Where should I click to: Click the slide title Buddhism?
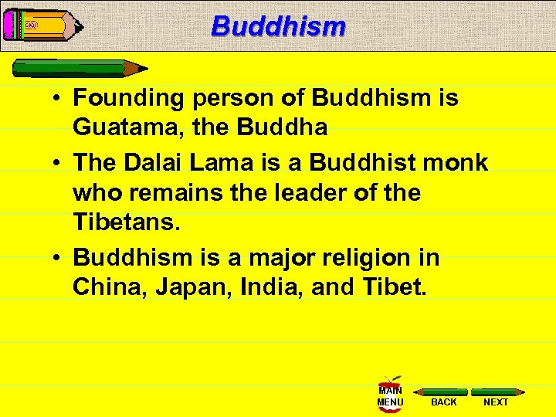pos(278,25)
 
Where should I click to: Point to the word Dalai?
pos(155,162)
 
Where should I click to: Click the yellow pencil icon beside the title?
pos(42,25)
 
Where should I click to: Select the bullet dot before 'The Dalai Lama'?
pos(59,163)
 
